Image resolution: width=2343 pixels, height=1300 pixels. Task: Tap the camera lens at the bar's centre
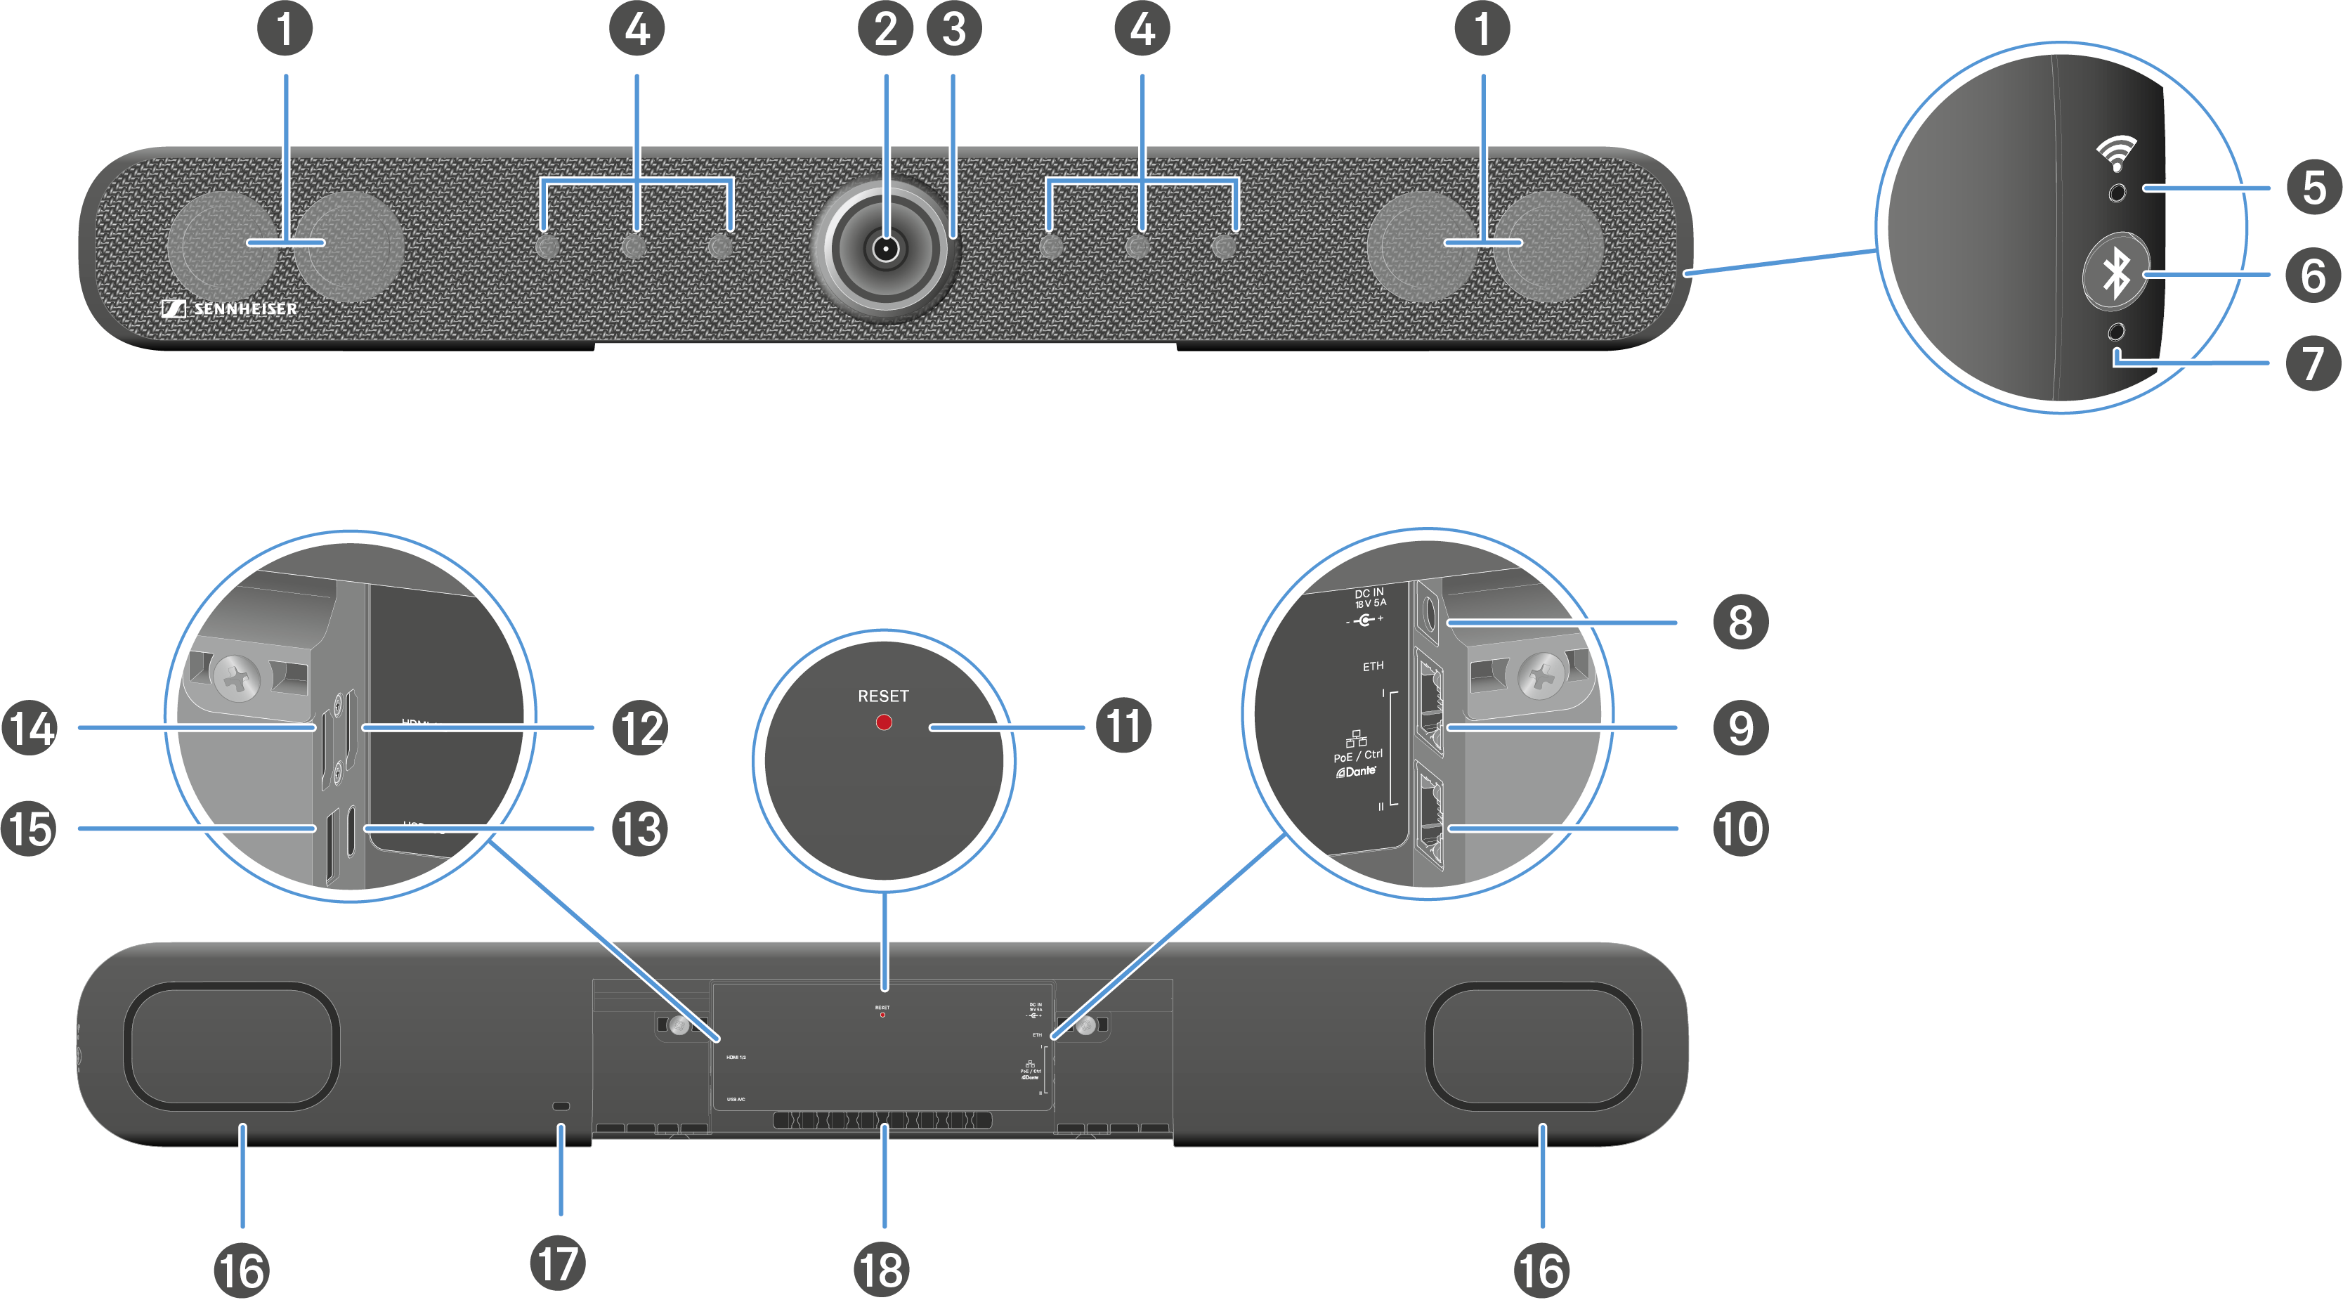pyautogui.click(x=885, y=248)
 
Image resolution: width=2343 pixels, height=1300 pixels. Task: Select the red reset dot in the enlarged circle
pyautogui.click(x=883, y=722)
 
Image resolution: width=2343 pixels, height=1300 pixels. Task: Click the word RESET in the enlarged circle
pyautogui.click(x=882, y=696)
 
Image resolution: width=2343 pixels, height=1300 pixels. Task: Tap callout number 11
pyautogui.click(x=1123, y=726)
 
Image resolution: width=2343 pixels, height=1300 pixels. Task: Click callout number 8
pyautogui.click(x=1740, y=623)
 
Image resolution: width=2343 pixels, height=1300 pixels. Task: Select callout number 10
pyautogui.click(x=1740, y=828)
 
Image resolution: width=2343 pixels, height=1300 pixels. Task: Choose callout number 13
pyautogui.click(x=640, y=828)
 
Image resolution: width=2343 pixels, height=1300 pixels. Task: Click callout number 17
pyautogui.click(x=558, y=1263)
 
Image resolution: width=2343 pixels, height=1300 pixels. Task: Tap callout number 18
pyautogui.click(x=882, y=1270)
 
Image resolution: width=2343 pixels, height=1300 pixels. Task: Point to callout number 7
pyautogui.click(x=2313, y=363)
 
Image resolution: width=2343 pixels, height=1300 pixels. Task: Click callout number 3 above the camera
pyautogui.click(x=953, y=28)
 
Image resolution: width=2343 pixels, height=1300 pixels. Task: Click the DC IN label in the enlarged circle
pyautogui.click(x=1369, y=598)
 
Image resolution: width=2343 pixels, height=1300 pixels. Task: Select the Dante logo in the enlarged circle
pyautogui.click(x=1356, y=772)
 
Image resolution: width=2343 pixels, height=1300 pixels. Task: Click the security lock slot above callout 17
pyautogui.click(x=561, y=1106)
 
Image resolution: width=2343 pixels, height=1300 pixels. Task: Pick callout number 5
pyautogui.click(x=2313, y=188)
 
